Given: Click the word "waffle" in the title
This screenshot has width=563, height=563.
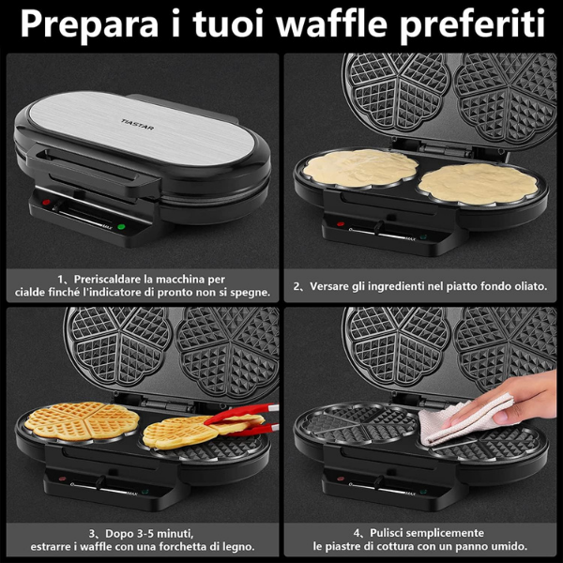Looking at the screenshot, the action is (332, 23).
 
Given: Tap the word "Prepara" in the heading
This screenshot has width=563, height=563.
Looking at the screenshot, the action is (89, 24).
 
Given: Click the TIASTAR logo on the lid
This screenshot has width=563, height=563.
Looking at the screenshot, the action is (138, 125).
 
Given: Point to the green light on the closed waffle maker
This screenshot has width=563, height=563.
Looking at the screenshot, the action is (121, 227).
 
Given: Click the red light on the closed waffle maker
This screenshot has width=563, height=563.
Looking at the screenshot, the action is (46, 202).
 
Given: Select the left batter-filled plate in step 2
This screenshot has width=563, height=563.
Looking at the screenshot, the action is (360, 168).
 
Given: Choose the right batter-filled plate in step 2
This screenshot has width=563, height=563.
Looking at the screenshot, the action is (478, 184).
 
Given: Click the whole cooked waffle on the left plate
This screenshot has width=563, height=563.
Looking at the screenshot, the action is (82, 420).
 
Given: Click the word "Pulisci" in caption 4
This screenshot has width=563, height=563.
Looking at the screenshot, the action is (388, 533).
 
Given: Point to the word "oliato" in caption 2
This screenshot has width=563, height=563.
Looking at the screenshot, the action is (531, 286).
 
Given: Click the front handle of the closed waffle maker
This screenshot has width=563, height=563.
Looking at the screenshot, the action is (94, 169).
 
